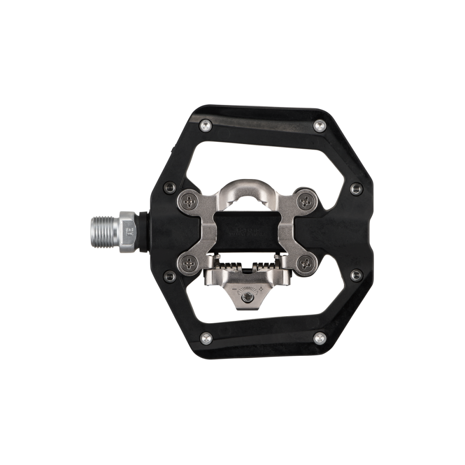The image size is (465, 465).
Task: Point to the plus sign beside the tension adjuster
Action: pyautogui.click(x=261, y=289)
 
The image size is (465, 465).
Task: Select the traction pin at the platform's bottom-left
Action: pyautogui.click(x=204, y=337)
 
